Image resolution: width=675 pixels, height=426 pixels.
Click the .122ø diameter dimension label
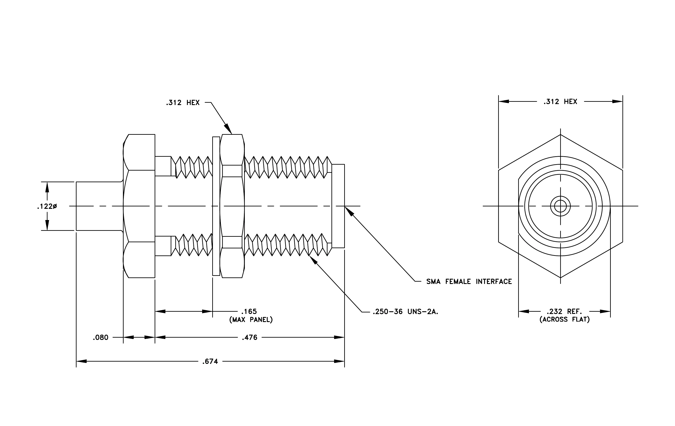click(x=47, y=206)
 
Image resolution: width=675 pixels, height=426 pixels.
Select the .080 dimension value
click(x=101, y=337)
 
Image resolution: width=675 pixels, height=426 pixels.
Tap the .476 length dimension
click(x=249, y=337)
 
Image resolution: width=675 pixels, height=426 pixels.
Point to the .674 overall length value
click(x=210, y=362)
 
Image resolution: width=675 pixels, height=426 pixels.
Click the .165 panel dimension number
click(x=249, y=311)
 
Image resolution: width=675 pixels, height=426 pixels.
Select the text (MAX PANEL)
click(x=251, y=320)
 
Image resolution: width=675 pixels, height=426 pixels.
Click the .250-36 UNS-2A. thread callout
click(x=405, y=312)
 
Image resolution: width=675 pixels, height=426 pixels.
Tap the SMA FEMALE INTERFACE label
click(x=469, y=282)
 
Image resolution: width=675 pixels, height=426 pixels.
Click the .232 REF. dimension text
click(x=564, y=311)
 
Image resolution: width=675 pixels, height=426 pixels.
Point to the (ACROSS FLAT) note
click(x=565, y=320)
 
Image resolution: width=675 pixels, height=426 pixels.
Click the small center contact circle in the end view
click(x=560, y=206)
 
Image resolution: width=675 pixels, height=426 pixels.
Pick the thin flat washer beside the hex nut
click(x=216, y=206)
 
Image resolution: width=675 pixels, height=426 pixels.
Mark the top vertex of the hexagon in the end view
click(x=560, y=135)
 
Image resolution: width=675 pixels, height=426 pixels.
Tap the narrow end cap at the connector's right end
click(x=338, y=206)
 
